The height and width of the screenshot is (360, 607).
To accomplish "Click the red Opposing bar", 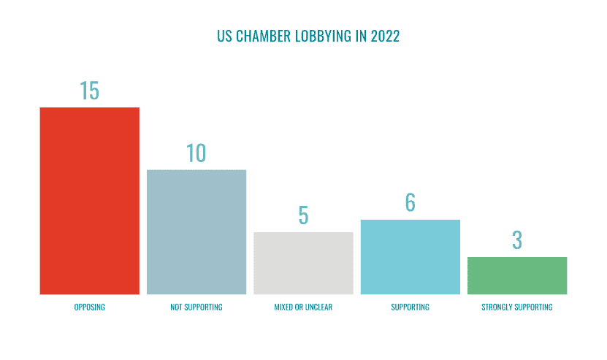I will point(89,201).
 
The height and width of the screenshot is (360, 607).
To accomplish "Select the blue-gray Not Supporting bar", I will point(196,232).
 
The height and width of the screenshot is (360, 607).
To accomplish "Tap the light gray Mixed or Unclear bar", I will point(303,263).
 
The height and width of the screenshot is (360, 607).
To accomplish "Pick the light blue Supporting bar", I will point(410,257).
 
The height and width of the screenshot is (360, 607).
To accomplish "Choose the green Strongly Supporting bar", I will point(517,275).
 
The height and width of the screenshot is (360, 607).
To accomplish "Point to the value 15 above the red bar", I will point(89,91).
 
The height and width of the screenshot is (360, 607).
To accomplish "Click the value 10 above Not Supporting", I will point(196,153).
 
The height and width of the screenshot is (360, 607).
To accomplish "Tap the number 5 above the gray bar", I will point(303,215).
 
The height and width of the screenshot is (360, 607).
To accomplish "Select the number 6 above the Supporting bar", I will point(410,203).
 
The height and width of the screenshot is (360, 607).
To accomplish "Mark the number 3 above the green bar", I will point(517,240).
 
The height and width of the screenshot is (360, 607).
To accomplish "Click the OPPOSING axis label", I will point(89,307).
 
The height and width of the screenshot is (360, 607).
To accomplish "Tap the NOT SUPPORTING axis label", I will point(196,307).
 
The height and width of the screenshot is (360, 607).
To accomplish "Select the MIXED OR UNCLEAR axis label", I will point(302,307).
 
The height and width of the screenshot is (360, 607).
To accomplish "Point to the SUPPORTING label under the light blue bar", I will point(410,307).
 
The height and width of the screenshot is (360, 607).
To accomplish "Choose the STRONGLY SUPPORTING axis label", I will point(517,307).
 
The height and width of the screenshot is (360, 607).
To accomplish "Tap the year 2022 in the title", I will point(385,37).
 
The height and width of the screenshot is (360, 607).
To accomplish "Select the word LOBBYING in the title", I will point(322,37).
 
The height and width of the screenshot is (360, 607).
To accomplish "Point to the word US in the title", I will point(224,37).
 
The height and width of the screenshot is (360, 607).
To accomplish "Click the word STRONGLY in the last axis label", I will point(497,307).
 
